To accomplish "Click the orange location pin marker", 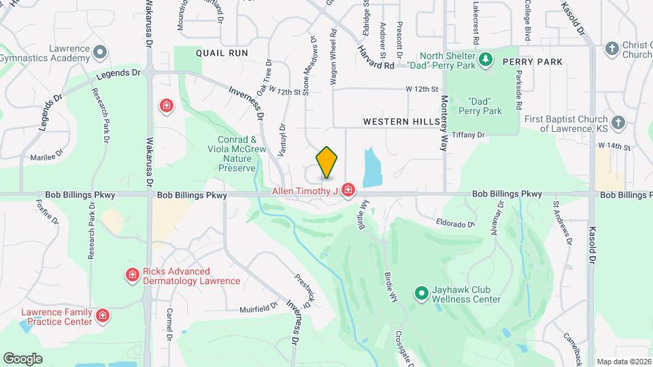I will tap(326, 162).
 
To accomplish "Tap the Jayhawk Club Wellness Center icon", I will tap(421, 293).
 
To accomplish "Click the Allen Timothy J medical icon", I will tap(348, 190).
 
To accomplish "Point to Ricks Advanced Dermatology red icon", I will tap(133, 275).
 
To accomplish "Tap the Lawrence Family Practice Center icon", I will tap(102, 316).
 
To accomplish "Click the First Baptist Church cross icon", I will tap(618, 122).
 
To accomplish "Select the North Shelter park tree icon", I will tap(485, 60).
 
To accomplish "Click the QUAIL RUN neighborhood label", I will tap(222, 52).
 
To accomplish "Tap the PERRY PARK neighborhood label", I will tap(533, 62).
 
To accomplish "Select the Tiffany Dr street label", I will tap(467, 135).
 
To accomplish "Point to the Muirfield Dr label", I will tap(259, 308).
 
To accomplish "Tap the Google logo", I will tap(23, 358).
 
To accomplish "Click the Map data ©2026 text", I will tap(623, 362).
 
